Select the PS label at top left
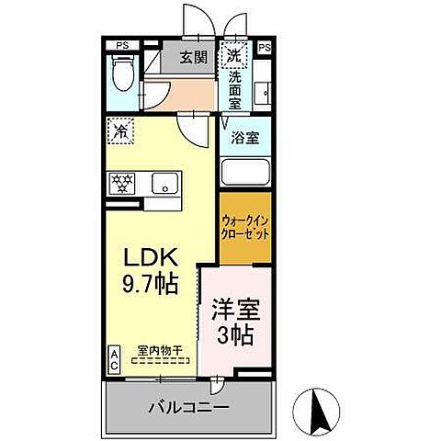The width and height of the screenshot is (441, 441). [x=122, y=44]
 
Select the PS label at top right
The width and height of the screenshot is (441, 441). [x=266, y=46]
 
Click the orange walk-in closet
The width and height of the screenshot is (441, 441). [x=245, y=226]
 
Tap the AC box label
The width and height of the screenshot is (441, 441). [x=115, y=356]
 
